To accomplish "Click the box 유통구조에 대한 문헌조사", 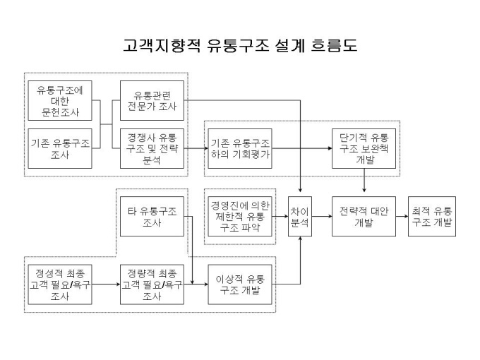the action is point(60,101).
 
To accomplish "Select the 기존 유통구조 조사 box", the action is point(60,148).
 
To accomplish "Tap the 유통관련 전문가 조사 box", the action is point(152,101).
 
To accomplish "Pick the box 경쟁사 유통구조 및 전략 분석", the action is point(152,148).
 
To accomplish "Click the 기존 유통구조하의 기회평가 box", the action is point(240,148).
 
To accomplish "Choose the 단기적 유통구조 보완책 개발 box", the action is point(364,148).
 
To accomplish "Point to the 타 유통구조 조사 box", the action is point(152,217).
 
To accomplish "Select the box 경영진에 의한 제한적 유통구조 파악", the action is point(240,217).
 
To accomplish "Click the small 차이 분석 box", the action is point(300,217).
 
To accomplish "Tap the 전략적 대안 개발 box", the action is point(364,217).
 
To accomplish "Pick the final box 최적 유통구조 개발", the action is point(432,217).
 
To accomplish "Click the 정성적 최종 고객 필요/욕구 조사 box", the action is point(60,284).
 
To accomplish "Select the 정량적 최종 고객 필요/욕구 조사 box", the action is point(152,284).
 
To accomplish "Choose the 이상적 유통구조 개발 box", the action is point(240,284).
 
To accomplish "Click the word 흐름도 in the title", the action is point(334,45).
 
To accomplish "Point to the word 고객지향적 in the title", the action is point(162,45).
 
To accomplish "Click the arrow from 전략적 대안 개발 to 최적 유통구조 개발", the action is point(402,217).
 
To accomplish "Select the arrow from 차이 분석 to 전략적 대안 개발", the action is point(322,217).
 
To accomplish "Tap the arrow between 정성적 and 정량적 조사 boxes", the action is point(106,284).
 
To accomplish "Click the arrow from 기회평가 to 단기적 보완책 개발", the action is point(302,148).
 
